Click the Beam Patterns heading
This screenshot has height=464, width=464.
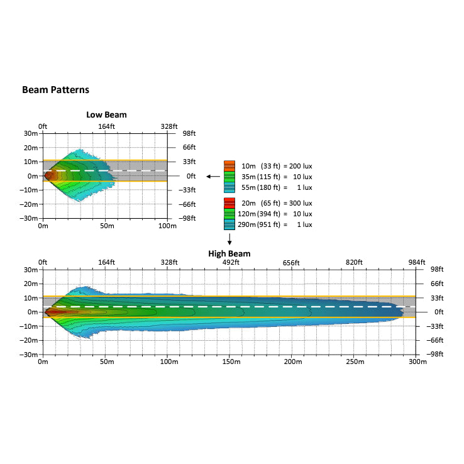tap(55, 90)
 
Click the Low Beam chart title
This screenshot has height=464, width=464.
tap(106, 114)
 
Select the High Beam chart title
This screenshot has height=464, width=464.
tap(229, 253)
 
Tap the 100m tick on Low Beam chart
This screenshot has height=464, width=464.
tap(167, 226)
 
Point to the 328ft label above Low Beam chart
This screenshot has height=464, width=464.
tap(168, 126)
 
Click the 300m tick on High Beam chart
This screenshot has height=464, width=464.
tap(416, 362)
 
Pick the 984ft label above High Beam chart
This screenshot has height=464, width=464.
tap(416, 262)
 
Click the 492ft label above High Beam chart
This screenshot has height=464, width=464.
tap(230, 262)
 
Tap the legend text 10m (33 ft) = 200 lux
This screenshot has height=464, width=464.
tap(277, 166)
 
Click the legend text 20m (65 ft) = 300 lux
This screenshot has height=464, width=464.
tap(277, 203)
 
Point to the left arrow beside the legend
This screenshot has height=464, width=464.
tap(214, 177)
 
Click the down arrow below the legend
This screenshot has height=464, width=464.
tap(230, 240)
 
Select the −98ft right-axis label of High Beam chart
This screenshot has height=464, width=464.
tap(434, 354)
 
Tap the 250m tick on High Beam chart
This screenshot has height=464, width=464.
tap(354, 362)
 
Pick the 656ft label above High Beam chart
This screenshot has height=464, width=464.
tap(292, 262)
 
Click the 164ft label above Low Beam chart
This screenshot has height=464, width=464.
tap(106, 126)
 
